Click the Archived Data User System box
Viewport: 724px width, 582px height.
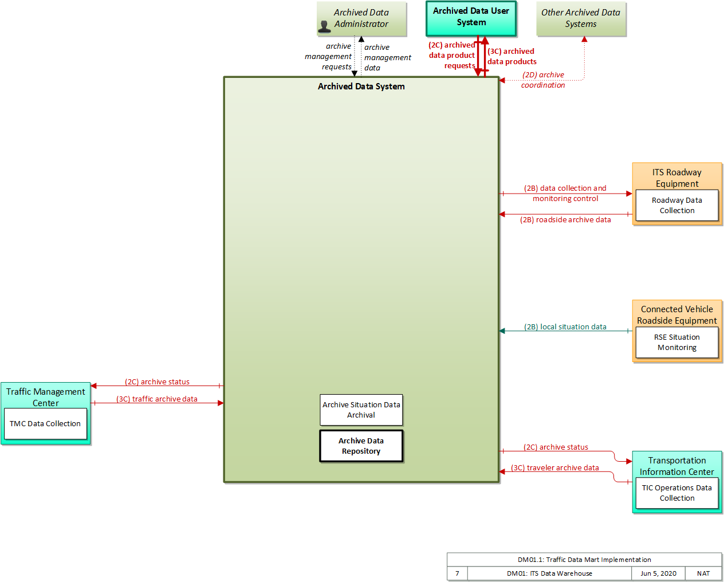[x=471, y=18]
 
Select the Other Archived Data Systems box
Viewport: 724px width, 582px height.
[x=581, y=18]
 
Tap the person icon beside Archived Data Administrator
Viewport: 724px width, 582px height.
[x=324, y=26]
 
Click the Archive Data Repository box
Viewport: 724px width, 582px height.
[x=361, y=446]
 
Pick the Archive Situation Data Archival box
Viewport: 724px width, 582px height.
[x=361, y=410]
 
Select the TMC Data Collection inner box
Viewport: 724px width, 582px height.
[x=45, y=423]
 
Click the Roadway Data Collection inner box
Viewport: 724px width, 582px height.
[x=676, y=205]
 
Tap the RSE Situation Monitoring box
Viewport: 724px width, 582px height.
[x=676, y=342]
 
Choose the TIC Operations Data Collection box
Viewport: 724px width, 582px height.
[x=676, y=493]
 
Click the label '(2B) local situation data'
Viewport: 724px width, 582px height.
[x=565, y=327]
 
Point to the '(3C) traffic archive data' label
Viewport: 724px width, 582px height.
[x=157, y=399]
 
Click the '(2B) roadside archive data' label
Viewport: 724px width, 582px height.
[x=565, y=219]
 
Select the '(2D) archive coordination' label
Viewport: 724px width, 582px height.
[x=542, y=80]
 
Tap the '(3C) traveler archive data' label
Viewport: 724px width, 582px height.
[x=555, y=467]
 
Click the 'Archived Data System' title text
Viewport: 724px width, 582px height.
[x=361, y=86]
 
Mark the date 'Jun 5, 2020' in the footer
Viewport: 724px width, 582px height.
[x=658, y=573]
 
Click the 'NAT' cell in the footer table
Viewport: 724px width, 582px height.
[x=703, y=573]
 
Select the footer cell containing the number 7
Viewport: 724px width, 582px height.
[x=457, y=573]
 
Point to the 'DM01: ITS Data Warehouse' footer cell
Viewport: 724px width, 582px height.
[x=549, y=573]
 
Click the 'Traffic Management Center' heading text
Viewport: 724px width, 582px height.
[x=45, y=398]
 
